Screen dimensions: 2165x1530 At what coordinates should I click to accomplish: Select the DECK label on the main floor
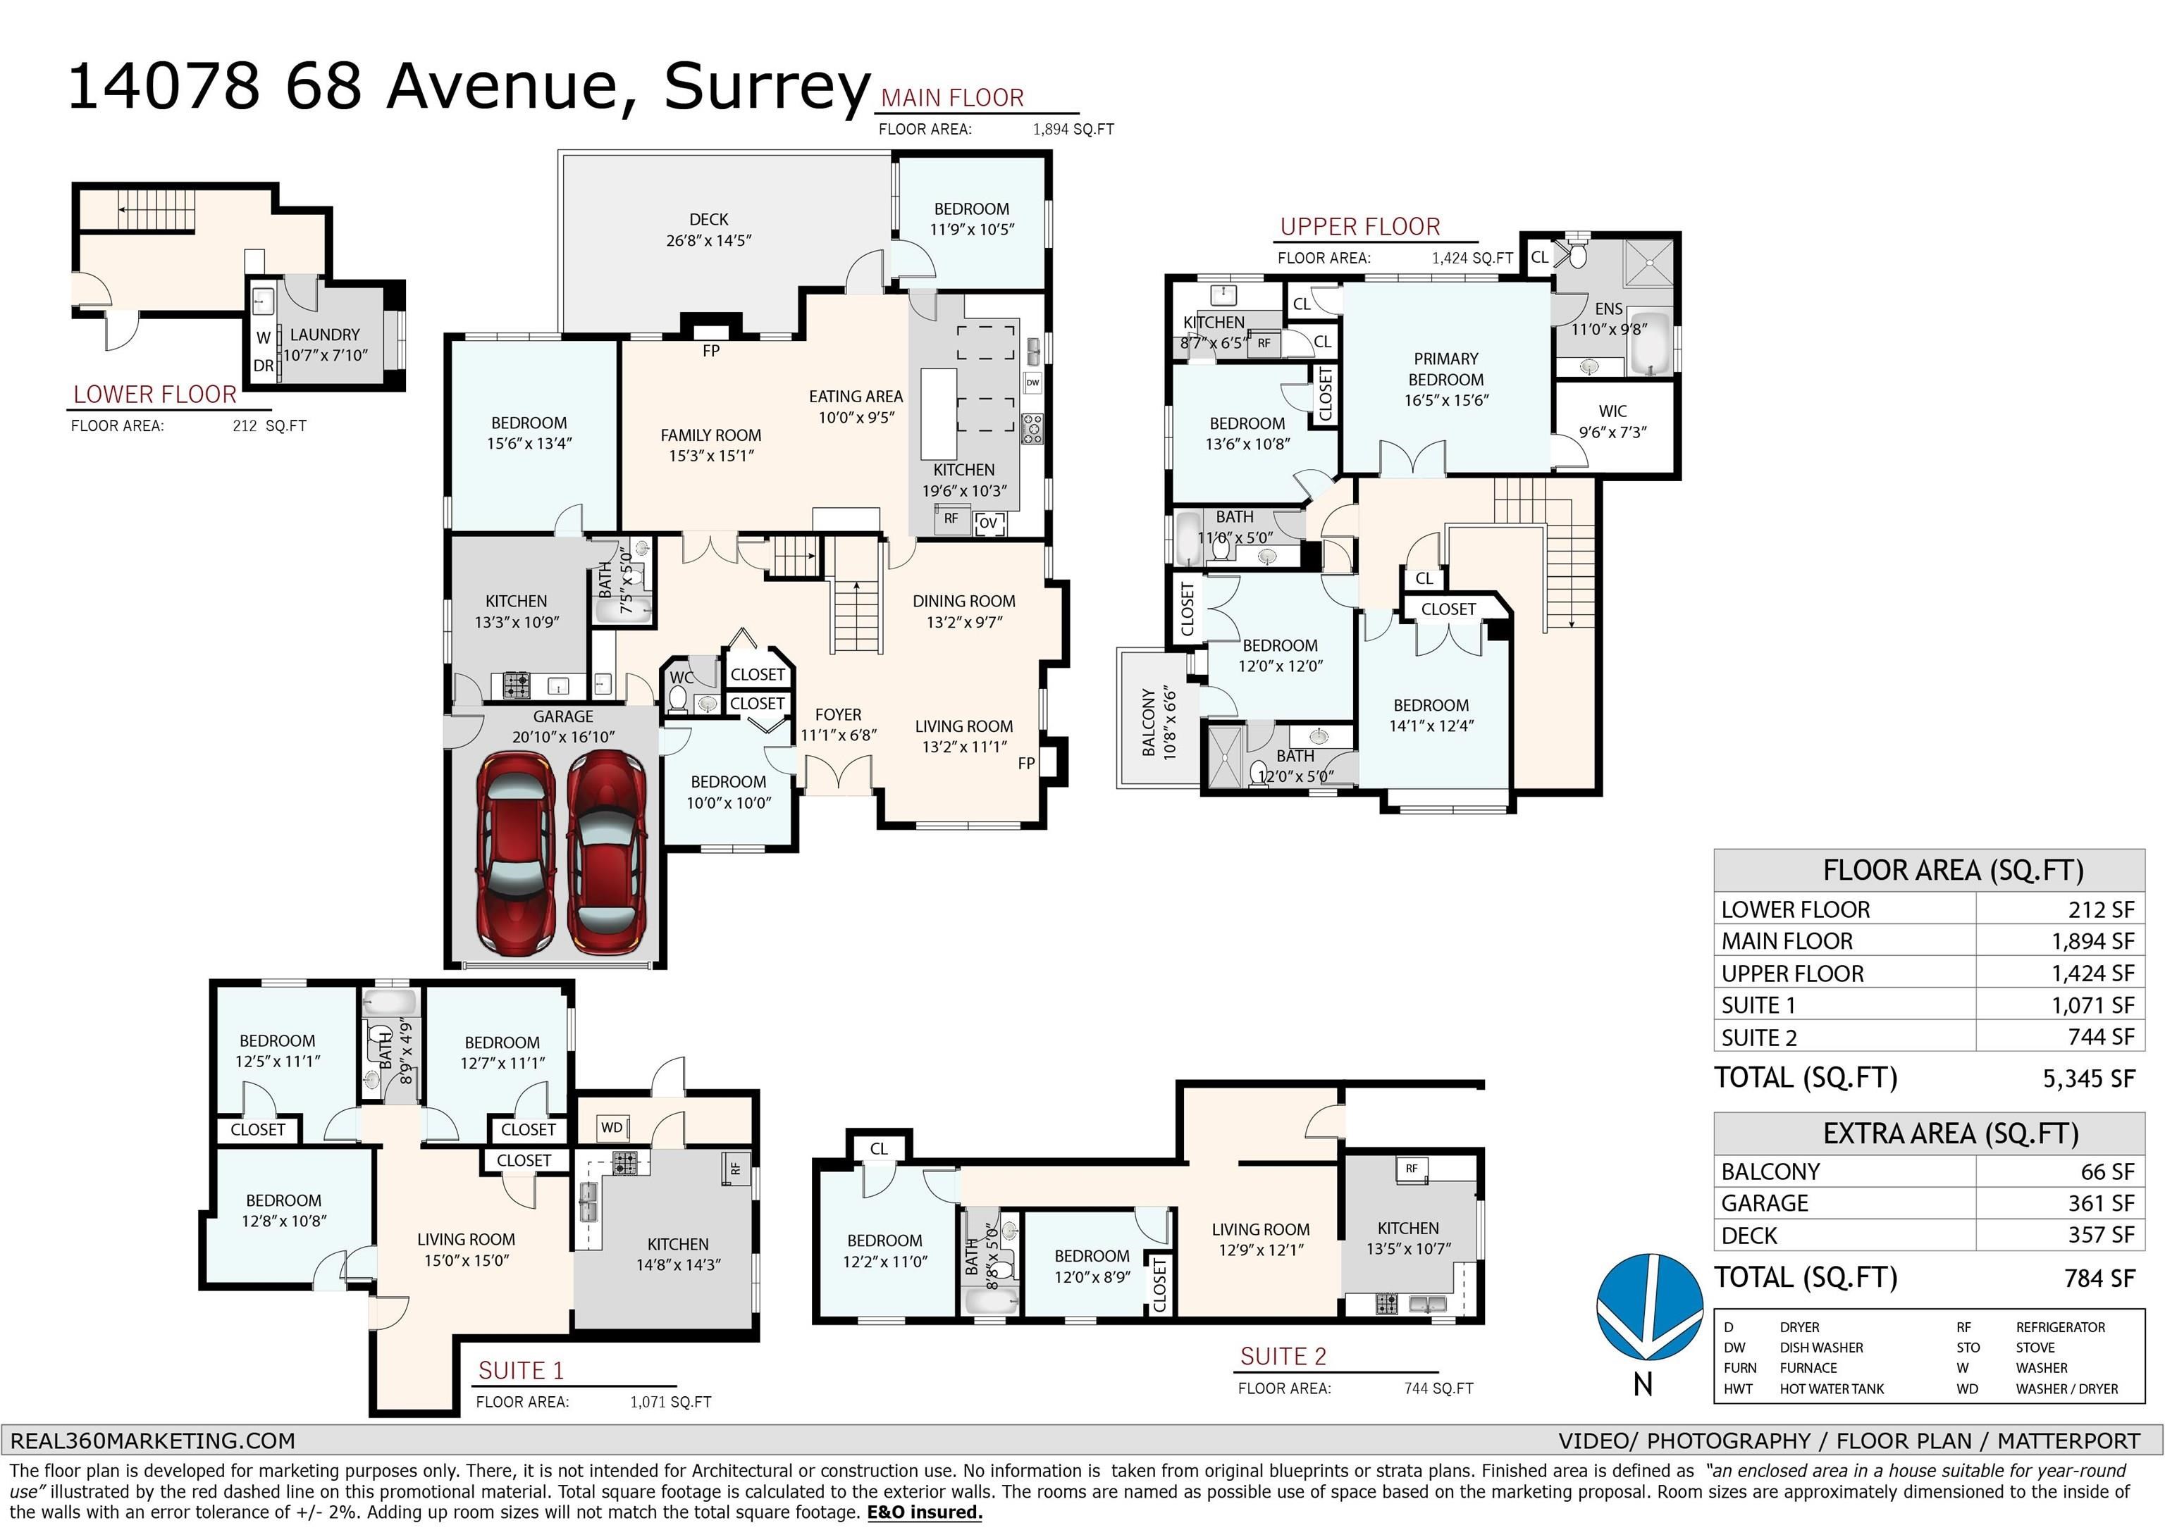(x=708, y=218)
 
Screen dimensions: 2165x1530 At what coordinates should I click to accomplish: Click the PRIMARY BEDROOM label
(x=1445, y=368)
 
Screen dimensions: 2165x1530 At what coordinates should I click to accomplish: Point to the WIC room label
(x=1612, y=411)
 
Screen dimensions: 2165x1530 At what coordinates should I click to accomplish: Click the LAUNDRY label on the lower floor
(x=324, y=335)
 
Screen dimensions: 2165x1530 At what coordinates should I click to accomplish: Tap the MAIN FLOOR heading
(x=952, y=98)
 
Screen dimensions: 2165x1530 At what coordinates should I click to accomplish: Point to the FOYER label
(x=838, y=714)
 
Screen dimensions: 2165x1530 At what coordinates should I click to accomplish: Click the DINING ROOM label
(x=963, y=600)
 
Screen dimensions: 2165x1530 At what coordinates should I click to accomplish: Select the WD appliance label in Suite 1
(x=611, y=1128)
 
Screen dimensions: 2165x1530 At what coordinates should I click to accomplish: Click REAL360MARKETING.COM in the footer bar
(x=153, y=1441)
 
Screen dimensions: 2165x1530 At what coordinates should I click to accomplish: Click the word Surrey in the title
(x=767, y=87)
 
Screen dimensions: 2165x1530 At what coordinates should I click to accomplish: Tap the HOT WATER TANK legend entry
(x=1832, y=1388)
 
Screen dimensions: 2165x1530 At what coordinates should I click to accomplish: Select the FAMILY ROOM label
(x=711, y=435)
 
